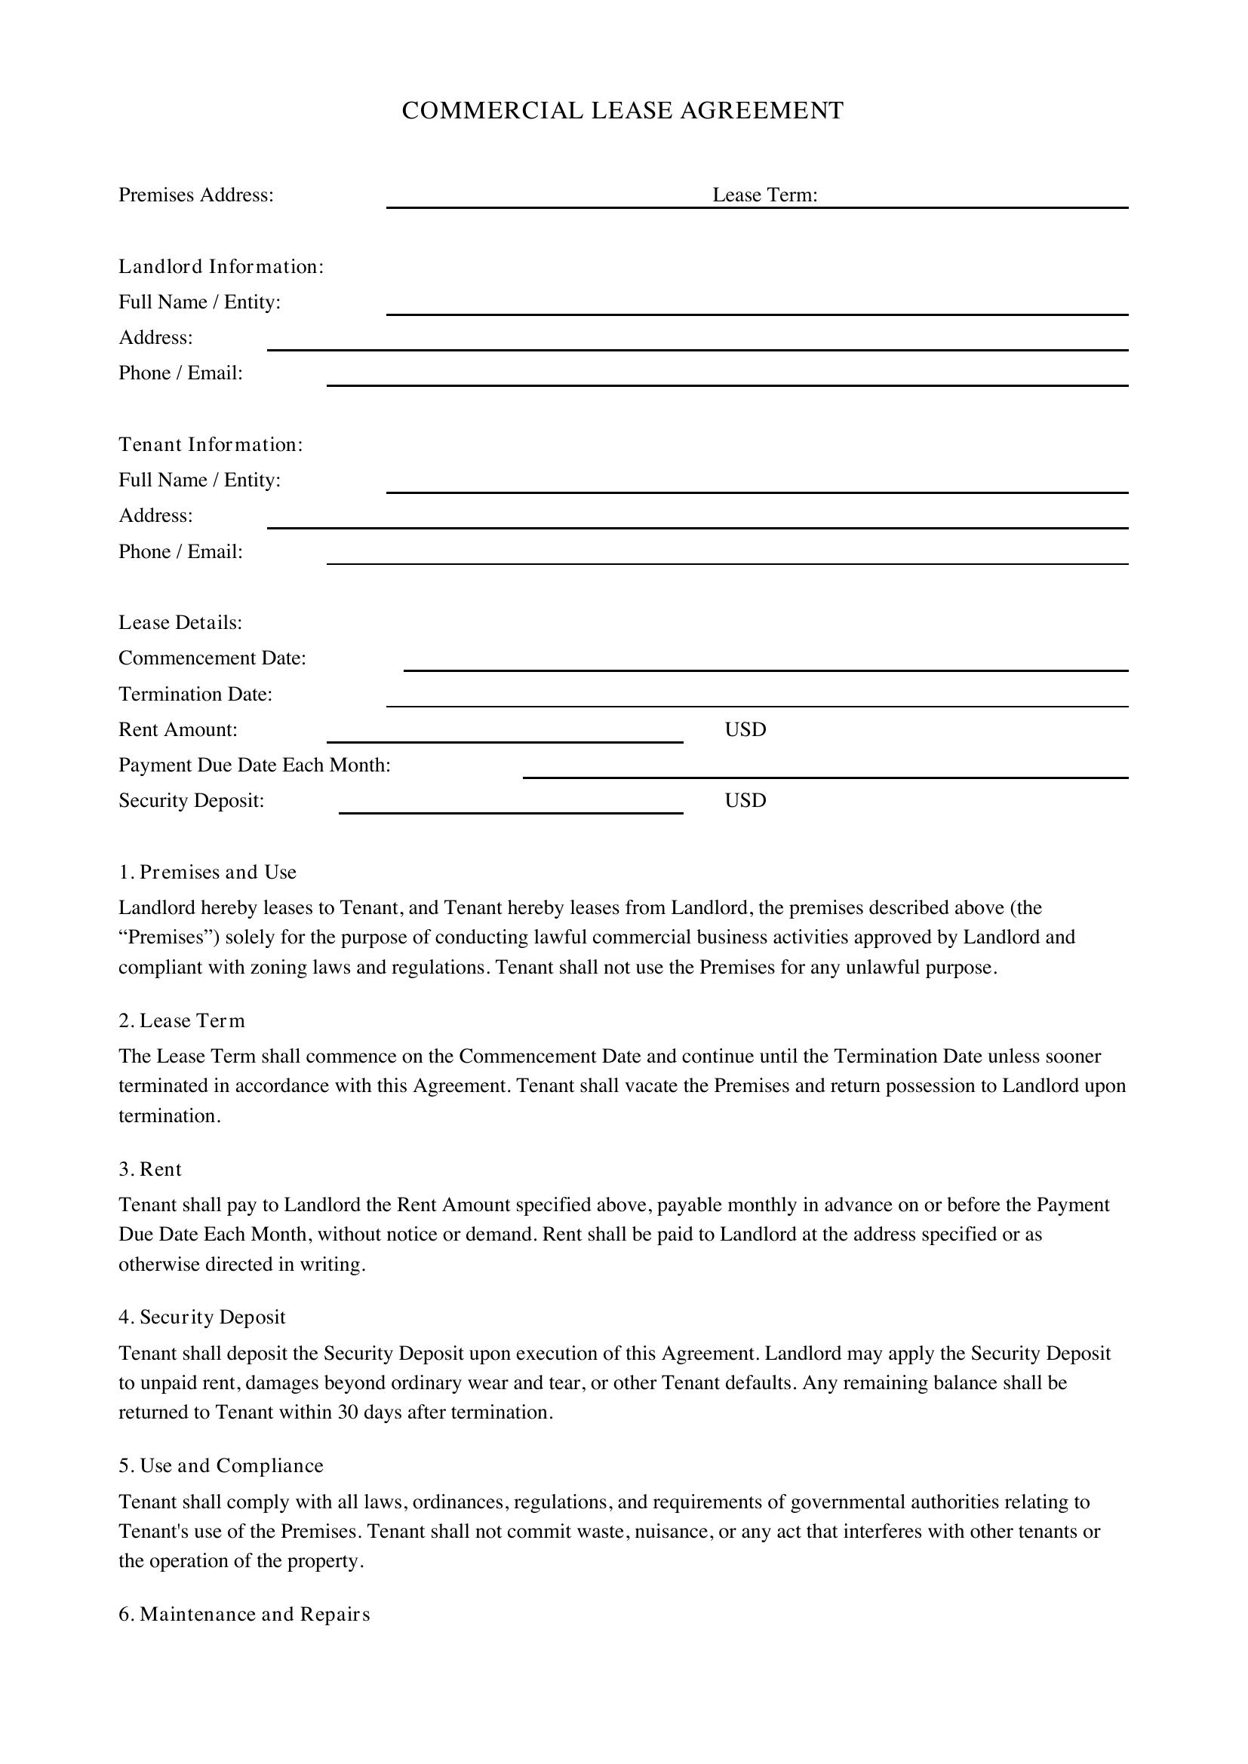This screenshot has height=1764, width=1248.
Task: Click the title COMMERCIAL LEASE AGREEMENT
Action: [622, 111]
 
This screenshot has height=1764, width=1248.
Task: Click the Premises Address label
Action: [196, 195]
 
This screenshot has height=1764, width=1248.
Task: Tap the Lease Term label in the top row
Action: [764, 195]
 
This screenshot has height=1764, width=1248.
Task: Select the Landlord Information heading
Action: [220, 266]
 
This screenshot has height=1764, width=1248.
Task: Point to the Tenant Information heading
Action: [211, 445]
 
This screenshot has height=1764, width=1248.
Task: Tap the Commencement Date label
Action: [212, 658]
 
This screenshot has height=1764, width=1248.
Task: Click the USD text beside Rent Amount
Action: [745, 730]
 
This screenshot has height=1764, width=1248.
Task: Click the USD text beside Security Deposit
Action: [745, 801]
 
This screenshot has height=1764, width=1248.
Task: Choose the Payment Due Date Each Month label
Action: [254, 765]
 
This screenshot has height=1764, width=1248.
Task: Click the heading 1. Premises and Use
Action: [207, 872]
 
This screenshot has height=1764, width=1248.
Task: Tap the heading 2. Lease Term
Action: [182, 1021]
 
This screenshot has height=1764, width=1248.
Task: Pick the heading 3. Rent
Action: [151, 1170]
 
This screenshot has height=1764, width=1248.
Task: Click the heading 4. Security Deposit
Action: [202, 1318]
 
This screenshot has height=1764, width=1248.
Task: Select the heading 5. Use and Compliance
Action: [221, 1466]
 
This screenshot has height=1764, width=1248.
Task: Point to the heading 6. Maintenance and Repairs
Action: [244, 1614]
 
